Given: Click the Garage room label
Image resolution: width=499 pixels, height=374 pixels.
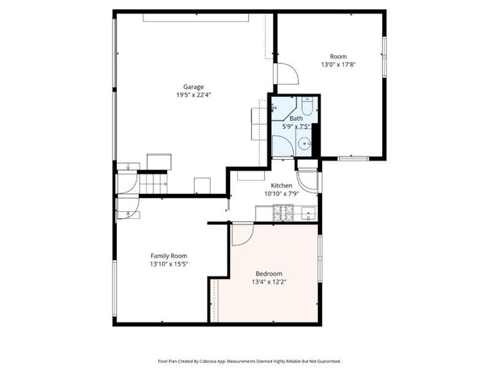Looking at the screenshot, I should point(193,86).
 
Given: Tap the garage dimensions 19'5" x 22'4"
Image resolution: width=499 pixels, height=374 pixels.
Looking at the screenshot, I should point(193,94).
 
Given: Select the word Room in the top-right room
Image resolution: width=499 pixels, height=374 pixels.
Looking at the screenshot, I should point(338,56).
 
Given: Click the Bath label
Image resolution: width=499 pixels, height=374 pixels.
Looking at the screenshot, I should point(296,118).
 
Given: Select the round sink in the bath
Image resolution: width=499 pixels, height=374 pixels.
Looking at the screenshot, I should point(307,143).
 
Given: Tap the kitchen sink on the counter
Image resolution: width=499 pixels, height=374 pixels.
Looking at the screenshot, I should point(307,211).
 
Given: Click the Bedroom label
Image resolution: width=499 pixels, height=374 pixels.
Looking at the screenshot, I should point(269,274).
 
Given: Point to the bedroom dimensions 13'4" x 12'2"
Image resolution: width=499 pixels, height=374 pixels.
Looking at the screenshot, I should point(269,282).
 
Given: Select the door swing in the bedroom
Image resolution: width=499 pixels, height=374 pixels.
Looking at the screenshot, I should point(242,232).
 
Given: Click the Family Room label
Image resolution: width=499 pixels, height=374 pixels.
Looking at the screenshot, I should point(169,256).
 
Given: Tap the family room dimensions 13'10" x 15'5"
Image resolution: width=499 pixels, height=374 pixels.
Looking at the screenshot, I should point(169,263).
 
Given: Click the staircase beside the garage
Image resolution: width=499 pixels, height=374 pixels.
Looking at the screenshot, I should point(154,184).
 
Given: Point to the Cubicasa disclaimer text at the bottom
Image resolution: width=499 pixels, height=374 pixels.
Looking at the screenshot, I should point(249,362).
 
